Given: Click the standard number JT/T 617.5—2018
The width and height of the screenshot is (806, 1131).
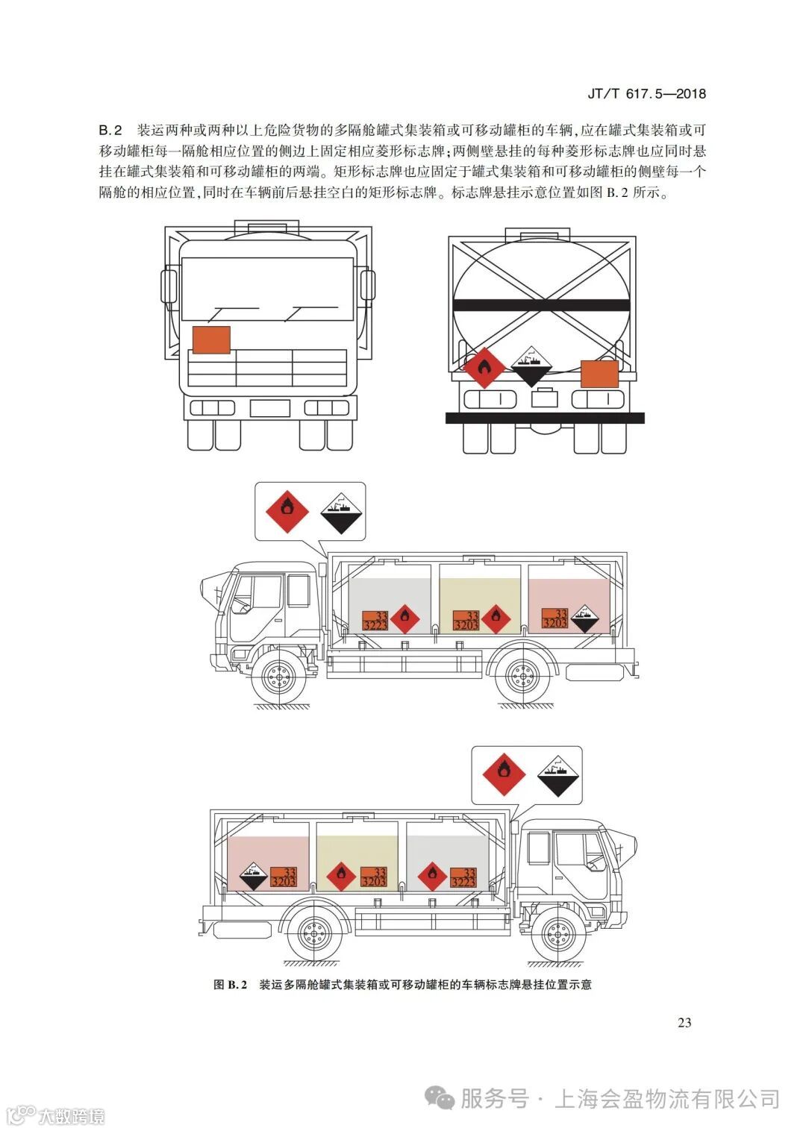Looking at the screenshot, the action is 646,93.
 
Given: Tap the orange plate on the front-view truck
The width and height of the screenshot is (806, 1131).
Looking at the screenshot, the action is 211,339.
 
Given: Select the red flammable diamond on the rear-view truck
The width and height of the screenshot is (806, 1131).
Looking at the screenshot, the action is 484,367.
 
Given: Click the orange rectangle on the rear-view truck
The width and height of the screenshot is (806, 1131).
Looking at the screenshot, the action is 599,373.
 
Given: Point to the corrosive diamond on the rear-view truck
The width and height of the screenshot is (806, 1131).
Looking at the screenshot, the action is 531,366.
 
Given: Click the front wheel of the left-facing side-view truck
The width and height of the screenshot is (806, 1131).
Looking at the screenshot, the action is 278,679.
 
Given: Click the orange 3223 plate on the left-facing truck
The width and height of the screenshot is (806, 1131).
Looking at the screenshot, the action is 375,621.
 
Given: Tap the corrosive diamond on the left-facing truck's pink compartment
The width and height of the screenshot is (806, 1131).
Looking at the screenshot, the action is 584,618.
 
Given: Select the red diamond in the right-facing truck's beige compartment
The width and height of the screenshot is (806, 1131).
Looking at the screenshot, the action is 340,876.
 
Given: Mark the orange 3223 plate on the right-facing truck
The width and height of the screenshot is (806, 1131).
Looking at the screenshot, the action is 463,877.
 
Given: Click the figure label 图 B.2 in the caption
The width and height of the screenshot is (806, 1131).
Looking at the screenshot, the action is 230,985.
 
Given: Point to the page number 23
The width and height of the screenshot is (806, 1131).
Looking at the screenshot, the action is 684,1022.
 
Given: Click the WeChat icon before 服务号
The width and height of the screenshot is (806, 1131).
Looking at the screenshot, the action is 440,1098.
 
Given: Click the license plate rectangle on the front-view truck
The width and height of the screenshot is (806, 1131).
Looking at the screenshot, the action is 269,408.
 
